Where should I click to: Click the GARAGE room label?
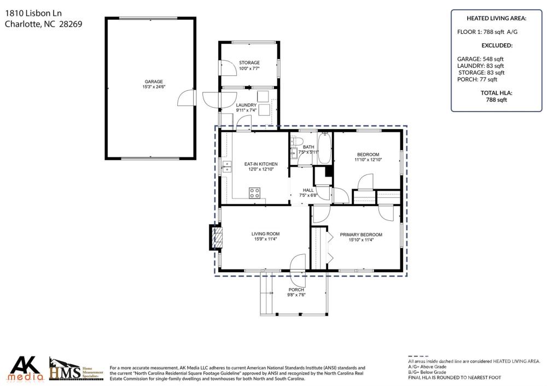point(154,81)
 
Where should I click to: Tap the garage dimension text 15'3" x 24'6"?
point(154,86)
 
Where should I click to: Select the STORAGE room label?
point(249,63)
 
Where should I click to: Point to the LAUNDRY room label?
point(246,105)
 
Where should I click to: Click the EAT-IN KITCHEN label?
point(261,164)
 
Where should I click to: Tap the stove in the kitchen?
point(254,193)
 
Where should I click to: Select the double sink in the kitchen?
point(227,167)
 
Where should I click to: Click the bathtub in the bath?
point(324,148)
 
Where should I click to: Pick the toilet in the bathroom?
point(296,141)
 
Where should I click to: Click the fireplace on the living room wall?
point(215,237)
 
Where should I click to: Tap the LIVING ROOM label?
point(265,234)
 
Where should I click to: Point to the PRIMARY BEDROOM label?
point(361,235)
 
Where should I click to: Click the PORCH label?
point(296,290)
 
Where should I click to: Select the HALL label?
point(309,190)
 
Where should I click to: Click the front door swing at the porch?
point(298,262)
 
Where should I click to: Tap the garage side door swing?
point(185,98)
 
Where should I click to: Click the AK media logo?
point(26,368)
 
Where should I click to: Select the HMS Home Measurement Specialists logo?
point(77,369)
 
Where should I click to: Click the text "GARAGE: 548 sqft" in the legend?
point(480,59)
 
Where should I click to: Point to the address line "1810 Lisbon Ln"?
point(33,13)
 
